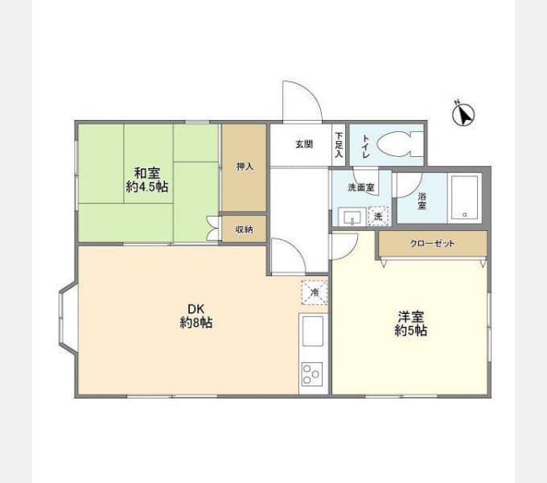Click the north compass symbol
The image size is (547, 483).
tap(463, 114)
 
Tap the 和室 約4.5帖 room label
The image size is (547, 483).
tap(147, 180)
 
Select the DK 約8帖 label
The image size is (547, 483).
tap(196, 316)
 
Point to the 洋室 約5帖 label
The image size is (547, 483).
tap(411, 324)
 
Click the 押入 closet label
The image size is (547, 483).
tap(245, 167)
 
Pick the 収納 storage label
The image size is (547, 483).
tap(245, 229)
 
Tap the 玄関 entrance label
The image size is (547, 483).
tap(304, 144)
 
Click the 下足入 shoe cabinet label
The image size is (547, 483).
tap(339, 145)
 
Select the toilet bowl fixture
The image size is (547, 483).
tap(401, 144)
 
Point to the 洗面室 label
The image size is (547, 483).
tap(361, 188)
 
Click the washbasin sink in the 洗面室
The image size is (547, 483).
tap(352, 217)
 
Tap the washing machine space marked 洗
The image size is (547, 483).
tap(379, 216)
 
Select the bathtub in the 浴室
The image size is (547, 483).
tap(464, 197)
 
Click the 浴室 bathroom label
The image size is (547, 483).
tap(422, 200)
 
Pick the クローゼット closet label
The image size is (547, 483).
tap(433, 243)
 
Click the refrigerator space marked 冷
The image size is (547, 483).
tap(315, 292)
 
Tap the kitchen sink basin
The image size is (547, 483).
tap(313, 331)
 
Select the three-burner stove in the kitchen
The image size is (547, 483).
tap(312, 374)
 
